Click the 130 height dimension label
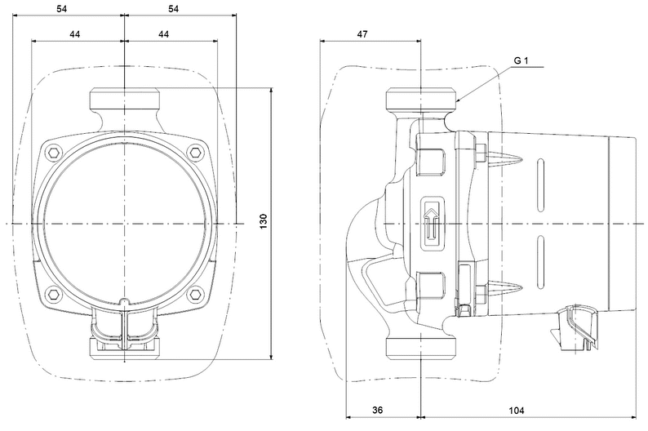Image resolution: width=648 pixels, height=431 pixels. point(264,221)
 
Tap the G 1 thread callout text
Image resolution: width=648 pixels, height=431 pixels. point(522,60)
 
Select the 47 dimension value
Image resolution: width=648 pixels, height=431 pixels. point(362,34)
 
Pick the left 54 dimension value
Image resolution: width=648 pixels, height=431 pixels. point(61,9)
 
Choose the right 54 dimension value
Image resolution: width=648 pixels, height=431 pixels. point(174,9)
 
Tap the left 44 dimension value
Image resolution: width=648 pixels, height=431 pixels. point(74,34)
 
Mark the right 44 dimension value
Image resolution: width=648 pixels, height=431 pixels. point(164,34)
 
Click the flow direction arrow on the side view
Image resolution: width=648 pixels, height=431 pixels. point(432,224)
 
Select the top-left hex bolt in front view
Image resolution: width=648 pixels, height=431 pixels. point(54,153)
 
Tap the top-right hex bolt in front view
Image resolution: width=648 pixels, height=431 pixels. point(195,153)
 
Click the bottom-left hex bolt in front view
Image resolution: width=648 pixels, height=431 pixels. point(54,294)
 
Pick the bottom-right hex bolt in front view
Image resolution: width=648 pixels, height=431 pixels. point(195,294)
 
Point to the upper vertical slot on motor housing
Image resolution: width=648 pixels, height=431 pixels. point(540,185)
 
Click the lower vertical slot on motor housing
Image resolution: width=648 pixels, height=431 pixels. point(540,262)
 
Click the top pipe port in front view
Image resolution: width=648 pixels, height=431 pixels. point(125,98)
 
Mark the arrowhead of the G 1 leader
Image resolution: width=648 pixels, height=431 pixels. point(458,100)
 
